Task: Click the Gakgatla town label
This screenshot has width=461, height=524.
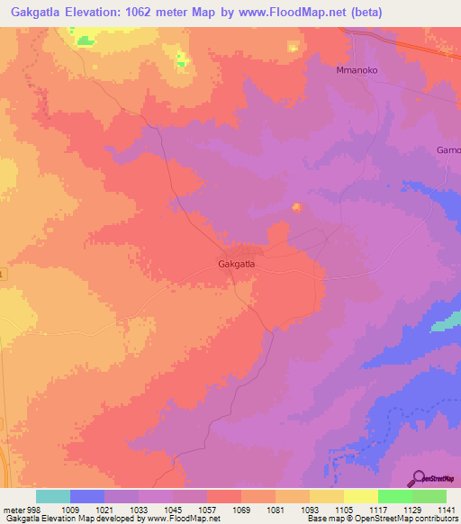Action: [237, 264]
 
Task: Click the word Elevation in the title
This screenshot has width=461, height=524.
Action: [106, 13]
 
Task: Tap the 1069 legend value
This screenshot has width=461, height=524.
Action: [241, 509]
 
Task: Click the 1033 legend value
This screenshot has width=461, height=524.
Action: [139, 509]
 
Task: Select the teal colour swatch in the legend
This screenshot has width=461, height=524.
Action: [53, 496]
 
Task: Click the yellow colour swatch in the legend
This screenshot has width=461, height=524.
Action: [360, 496]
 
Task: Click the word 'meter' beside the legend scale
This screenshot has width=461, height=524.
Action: [14, 509]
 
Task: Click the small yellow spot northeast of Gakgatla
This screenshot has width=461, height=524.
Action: [296, 209]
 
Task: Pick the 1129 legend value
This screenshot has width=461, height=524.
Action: [411, 509]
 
